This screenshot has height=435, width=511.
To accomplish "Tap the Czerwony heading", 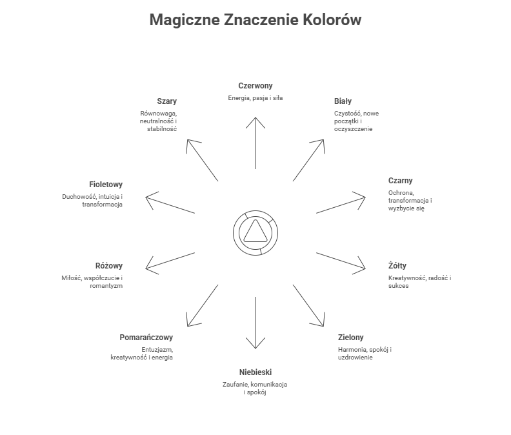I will click(x=255, y=85).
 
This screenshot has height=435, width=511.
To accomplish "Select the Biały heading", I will click(x=343, y=101).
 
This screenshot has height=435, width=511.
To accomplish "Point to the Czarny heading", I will click(x=401, y=181).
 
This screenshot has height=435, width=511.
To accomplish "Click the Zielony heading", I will click(x=351, y=338).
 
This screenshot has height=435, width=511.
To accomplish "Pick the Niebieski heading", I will click(x=255, y=372).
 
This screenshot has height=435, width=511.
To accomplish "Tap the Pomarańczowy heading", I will click(x=146, y=338).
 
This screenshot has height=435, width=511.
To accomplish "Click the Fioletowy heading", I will click(x=106, y=185).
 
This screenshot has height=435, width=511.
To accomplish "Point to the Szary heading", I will click(x=166, y=101).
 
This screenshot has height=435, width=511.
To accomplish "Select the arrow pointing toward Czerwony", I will click(x=256, y=142).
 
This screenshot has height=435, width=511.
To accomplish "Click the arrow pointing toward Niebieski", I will click(x=256, y=323).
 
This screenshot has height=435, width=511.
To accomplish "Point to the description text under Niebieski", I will click(x=255, y=388).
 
